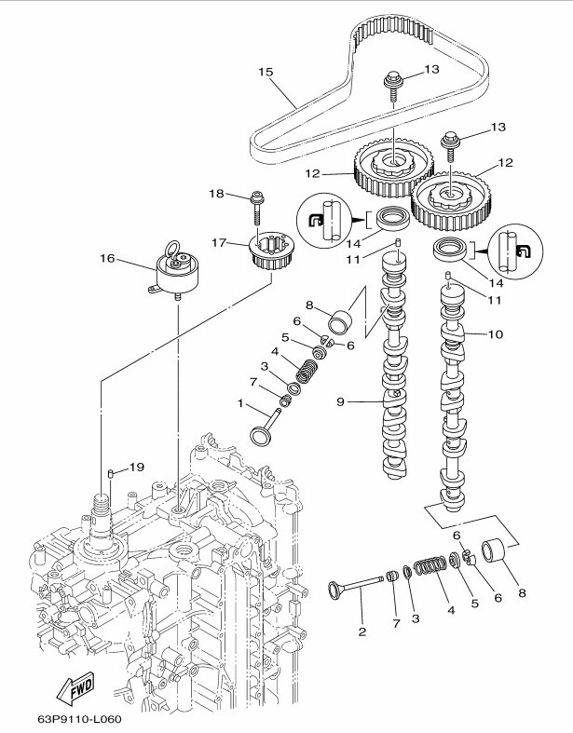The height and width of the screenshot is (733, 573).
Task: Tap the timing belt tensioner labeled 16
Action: pyautogui.click(x=178, y=272)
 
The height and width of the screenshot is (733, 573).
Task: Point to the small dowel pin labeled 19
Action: pyautogui.click(x=111, y=474)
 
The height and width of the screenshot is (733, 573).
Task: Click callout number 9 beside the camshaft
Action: pyautogui.click(x=341, y=402)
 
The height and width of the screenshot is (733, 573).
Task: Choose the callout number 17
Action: pyautogui.click(x=220, y=243)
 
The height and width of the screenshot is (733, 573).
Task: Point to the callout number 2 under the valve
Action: pyautogui.click(x=362, y=631)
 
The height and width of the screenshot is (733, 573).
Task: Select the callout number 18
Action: pyautogui.click(x=216, y=194)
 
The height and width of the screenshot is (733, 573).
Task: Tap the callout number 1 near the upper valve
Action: pyautogui.click(x=239, y=404)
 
